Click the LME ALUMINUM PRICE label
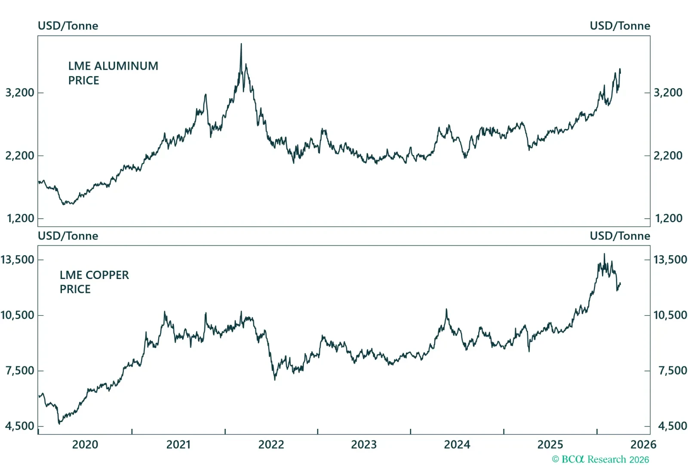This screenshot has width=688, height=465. tap(113, 73)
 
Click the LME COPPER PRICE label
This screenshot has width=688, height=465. tap(94, 282)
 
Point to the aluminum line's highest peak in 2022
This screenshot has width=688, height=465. tap(241, 44)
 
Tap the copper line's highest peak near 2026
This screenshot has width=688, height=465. tap(604, 254)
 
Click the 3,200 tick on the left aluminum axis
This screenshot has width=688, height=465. tap(19, 93)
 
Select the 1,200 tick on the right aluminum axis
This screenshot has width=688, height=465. tap(668, 218)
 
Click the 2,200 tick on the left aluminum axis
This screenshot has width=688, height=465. tap(19, 155)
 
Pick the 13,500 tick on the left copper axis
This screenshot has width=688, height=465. tap(18, 260)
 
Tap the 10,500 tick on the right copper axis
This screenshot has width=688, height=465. tap(670, 315)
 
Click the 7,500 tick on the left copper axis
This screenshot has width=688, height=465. tap(19, 370)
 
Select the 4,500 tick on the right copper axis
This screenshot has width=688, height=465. tap(672, 426)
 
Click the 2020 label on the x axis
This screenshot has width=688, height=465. tap(85, 444)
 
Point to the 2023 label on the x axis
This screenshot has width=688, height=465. tap(364, 444)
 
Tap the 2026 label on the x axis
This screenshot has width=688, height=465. tap(643, 444)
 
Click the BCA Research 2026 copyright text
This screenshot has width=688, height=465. tap(600, 459)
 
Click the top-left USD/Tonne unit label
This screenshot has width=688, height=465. tap(68, 26)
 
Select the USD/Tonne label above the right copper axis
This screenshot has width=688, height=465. tap(620, 236)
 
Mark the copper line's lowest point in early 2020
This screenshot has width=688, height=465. tap(59, 424)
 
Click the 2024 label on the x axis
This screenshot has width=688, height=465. tap(457, 444)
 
